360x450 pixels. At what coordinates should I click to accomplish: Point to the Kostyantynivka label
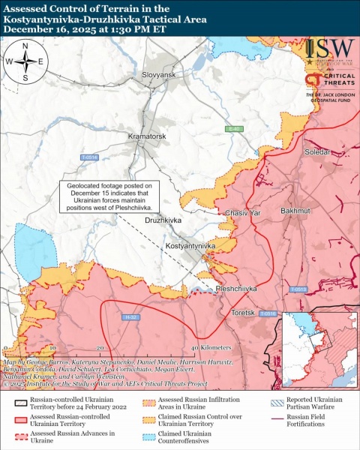(191, 246)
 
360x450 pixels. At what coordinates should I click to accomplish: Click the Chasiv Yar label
(242, 214)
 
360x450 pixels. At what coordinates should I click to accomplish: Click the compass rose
(25, 62)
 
